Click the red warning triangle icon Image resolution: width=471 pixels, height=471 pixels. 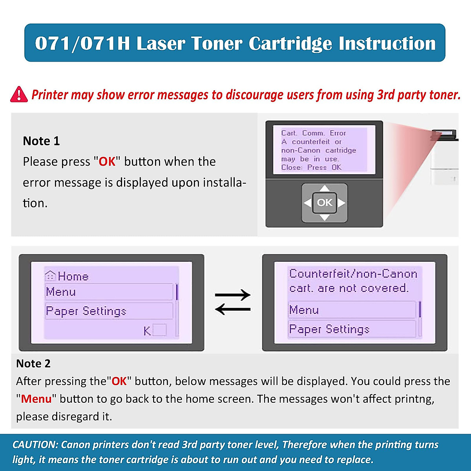tap(19, 95)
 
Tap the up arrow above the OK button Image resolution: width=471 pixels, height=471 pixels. tap(324, 188)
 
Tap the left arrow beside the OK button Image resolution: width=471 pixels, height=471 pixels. tap(308, 203)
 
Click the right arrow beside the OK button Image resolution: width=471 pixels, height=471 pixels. tap(341, 203)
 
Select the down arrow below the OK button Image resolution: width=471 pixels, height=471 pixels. tap(324, 217)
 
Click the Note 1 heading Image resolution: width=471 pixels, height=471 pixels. tap(41, 141)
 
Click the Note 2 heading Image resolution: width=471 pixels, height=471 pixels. tap(33, 363)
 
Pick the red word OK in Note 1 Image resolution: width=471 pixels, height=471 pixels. tap(107, 162)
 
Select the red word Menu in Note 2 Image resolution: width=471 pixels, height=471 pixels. tap(36, 399)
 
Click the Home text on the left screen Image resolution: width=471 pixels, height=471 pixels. tap(73, 276)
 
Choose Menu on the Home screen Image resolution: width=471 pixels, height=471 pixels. tap(61, 292)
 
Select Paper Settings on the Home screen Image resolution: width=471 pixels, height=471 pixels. tap(86, 311)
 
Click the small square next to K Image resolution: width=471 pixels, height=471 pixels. tap(159, 330)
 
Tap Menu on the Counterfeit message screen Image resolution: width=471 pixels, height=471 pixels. tap(304, 310)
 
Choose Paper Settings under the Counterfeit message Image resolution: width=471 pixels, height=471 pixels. tap(329, 329)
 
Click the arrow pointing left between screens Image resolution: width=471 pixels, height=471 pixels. tap(233, 310)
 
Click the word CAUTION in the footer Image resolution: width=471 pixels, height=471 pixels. tap(35, 445)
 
